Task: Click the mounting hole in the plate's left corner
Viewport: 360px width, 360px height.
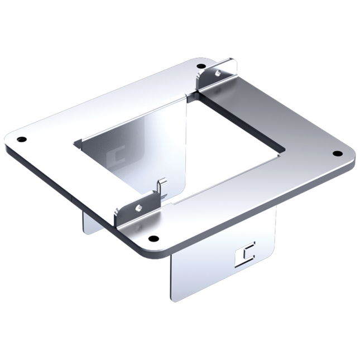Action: pyautogui.click(x=21, y=138)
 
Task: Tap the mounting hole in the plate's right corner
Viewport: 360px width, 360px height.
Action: pyautogui.click(x=337, y=153)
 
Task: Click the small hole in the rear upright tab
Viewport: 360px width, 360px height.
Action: pyautogui.click(x=218, y=71)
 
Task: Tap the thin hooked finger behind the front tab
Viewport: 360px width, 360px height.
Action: pyautogui.click(x=162, y=187)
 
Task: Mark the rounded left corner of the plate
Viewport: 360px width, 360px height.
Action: pyautogui.click(x=8, y=140)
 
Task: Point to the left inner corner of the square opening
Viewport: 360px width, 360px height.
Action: pyautogui.click(x=75, y=143)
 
